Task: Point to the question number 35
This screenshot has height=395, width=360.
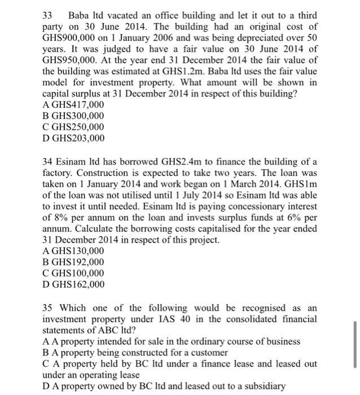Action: point(48,308)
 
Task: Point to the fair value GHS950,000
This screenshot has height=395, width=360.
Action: point(74,60)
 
